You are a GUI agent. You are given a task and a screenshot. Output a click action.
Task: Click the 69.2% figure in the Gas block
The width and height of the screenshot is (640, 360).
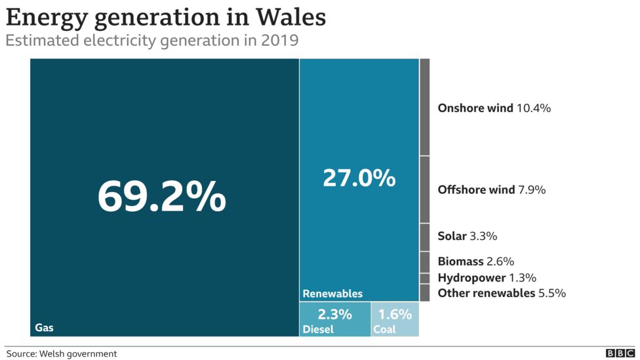(x=162, y=196)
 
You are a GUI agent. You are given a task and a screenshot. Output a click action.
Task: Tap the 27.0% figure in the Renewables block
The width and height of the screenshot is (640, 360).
(x=359, y=178)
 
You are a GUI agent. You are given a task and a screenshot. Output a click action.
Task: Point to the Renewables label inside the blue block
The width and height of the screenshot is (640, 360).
(x=332, y=294)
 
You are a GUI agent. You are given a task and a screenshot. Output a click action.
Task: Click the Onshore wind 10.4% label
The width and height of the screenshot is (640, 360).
(x=494, y=108)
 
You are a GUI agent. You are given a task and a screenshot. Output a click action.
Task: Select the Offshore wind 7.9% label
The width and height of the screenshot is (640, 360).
(x=491, y=190)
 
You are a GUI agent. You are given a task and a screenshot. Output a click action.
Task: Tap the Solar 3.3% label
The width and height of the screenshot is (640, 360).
(x=468, y=236)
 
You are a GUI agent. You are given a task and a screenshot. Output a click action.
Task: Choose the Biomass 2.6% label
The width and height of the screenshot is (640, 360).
(x=475, y=262)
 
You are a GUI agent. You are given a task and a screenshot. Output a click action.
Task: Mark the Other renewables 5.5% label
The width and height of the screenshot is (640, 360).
(x=502, y=293)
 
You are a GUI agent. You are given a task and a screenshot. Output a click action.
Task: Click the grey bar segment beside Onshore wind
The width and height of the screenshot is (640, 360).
(x=424, y=107)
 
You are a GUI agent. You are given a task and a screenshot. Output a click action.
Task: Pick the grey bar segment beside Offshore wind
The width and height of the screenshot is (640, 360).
(x=424, y=190)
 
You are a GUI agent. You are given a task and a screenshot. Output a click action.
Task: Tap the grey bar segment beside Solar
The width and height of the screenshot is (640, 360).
(x=424, y=236)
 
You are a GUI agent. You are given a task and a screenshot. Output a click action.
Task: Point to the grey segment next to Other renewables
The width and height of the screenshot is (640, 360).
(x=424, y=293)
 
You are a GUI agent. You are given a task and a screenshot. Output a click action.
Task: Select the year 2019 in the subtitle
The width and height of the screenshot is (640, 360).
(x=279, y=41)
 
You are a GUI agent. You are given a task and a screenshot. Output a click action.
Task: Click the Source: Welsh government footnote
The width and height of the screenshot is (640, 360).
(x=62, y=353)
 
